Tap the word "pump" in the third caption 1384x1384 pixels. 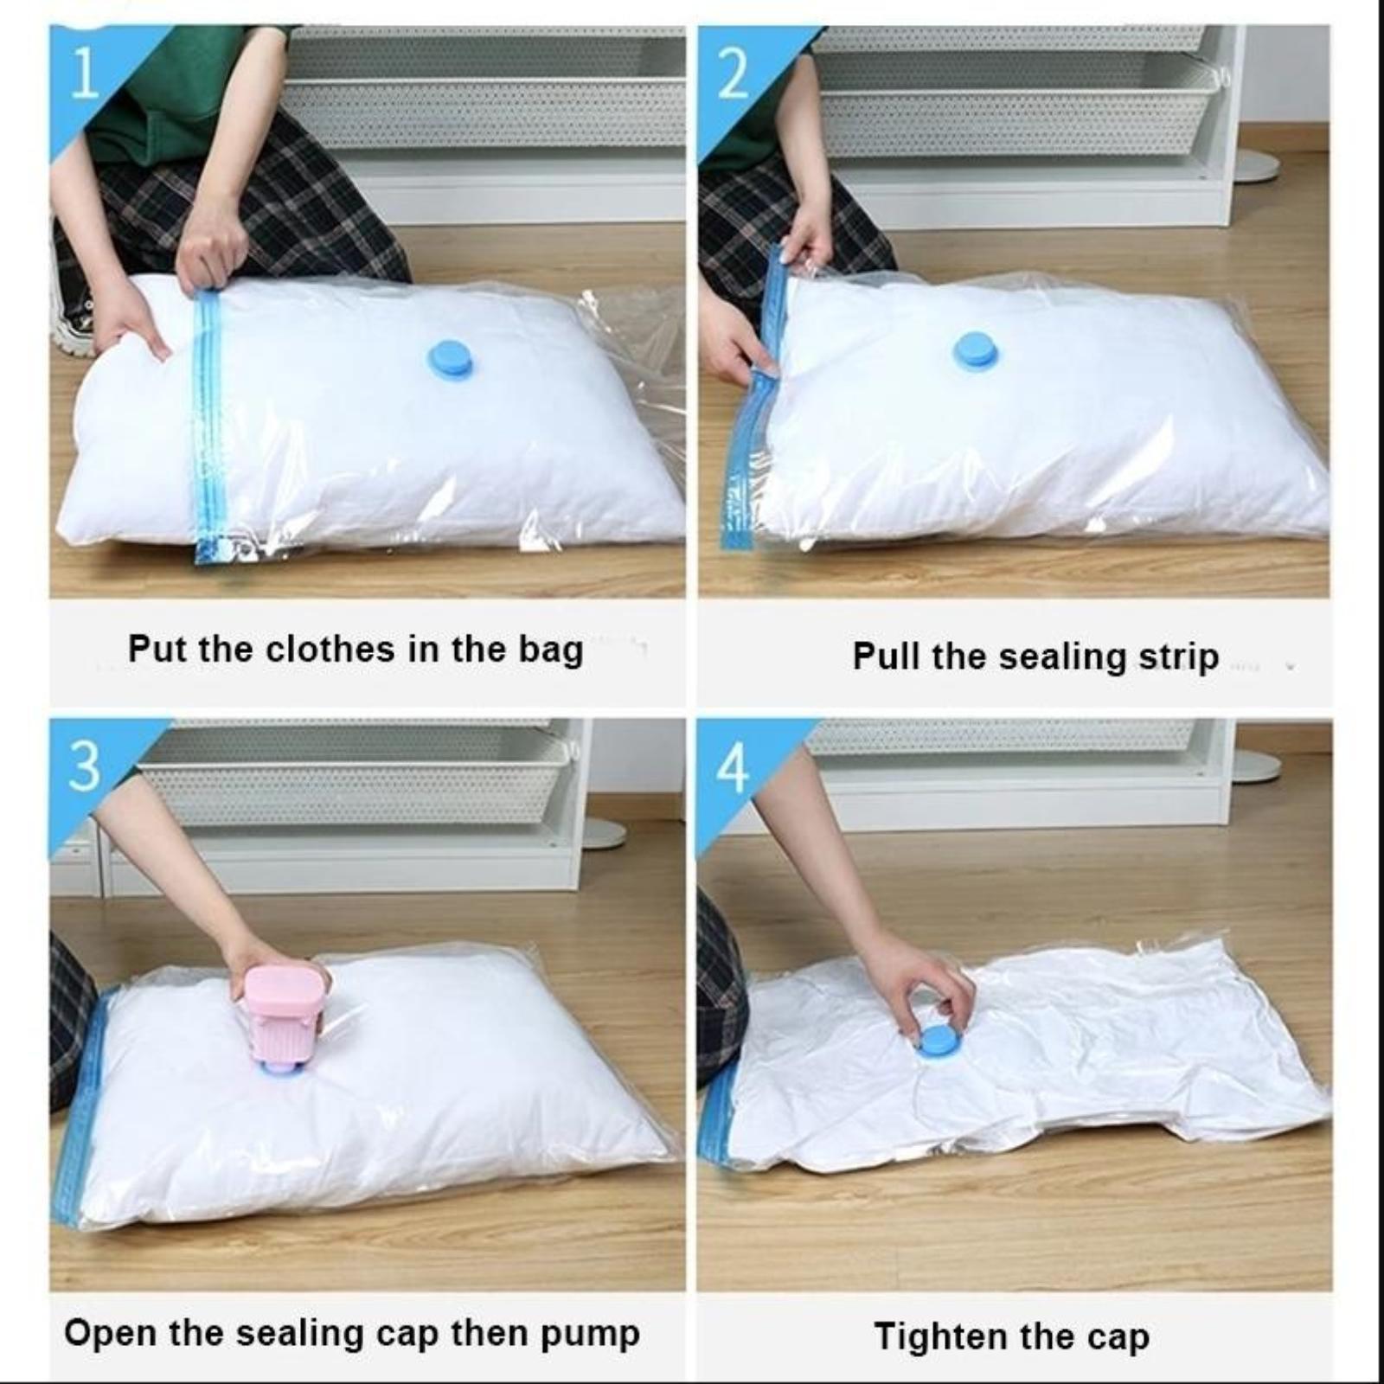pos(591,1335)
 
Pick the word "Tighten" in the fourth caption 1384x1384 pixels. pos(932,1337)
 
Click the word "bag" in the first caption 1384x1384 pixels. pos(551,650)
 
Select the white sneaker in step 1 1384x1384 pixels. pos(74,311)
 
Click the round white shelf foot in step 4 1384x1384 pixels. pos(1253,766)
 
